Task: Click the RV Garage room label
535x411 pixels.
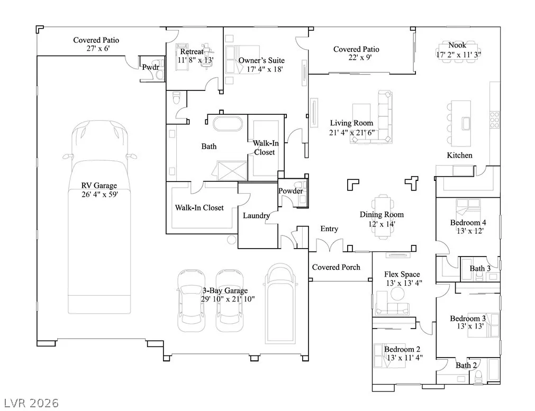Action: (99, 186)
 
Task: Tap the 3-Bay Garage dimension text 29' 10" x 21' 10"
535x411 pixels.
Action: (228, 299)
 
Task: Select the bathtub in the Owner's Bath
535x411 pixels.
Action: (228, 123)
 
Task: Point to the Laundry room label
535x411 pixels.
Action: (256, 216)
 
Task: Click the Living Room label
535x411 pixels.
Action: (351, 123)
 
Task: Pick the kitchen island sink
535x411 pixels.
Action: (466, 123)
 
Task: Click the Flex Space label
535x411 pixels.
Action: (402, 274)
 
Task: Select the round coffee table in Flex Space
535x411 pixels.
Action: (397, 294)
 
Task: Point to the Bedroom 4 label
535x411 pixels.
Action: (468, 223)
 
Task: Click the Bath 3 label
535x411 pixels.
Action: (480, 268)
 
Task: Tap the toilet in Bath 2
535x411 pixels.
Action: (478, 376)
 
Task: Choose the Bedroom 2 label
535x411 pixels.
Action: (402, 349)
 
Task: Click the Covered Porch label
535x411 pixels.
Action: (336, 268)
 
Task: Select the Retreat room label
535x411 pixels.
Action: (192, 51)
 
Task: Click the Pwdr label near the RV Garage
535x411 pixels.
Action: (150, 67)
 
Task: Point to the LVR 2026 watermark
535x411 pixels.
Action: (31, 403)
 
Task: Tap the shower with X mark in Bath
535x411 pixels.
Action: (232, 171)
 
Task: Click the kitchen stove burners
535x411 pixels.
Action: (495, 120)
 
